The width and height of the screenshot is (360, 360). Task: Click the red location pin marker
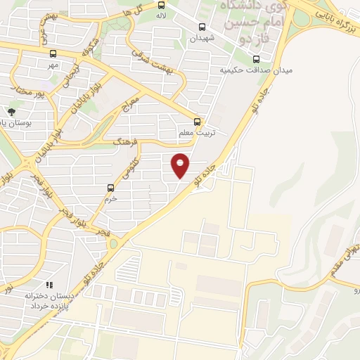pyautogui.click(x=181, y=165)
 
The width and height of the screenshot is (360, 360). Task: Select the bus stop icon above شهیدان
pyautogui.click(x=202, y=28)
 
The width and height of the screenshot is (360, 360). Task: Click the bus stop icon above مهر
pyautogui.click(x=53, y=53)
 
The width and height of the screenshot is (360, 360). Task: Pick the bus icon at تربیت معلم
pyautogui.click(x=197, y=121)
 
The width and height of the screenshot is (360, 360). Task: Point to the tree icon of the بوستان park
pyautogui.click(x=11, y=111)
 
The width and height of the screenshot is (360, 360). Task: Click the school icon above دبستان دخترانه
pyautogui.click(x=49, y=285)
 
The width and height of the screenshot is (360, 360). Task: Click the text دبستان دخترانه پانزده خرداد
pyautogui.click(x=51, y=301)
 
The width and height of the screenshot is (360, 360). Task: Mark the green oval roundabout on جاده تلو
pyautogui.click(x=113, y=244)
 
